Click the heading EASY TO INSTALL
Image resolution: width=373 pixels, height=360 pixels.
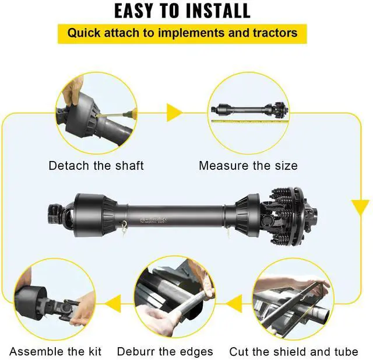tap(182, 11)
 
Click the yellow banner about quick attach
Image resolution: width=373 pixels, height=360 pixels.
tap(182, 33)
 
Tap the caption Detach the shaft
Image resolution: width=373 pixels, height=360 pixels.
tap(96, 166)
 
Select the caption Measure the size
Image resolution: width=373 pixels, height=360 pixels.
tap(248, 166)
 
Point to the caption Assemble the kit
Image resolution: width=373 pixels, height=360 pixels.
tap(55, 351)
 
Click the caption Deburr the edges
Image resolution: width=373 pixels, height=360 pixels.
tap(165, 351)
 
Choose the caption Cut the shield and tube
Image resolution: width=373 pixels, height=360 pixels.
tap(294, 351)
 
